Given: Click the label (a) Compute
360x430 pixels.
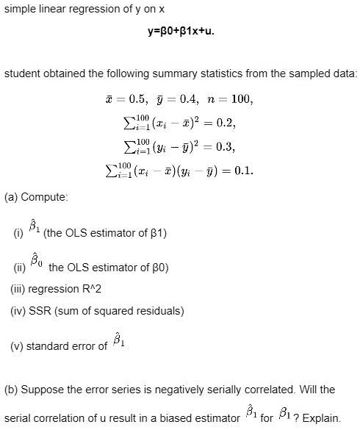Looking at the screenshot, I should click(x=26, y=197).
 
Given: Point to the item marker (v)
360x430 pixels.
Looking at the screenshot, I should click(x=16, y=345).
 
